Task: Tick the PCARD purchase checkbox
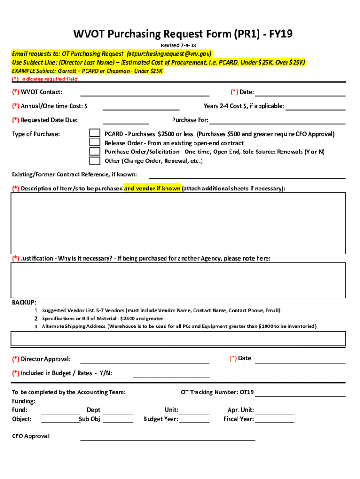pyautogui.click(x=94, y=134)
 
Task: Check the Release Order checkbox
pyautogui.click(x=94, y=143)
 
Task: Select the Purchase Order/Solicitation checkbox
pyautogui.click(x=94, y=152)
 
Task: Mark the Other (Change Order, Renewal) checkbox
pyautogui.click(x=94, y=161)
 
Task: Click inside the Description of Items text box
pyautogui.click(x=178, y=222)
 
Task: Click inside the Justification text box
pyautogui.click(x=178, y=280)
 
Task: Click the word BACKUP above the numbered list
pyautogui.click(x=24, y=302)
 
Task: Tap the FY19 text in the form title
pyautogui.click(x=279, y=34)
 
